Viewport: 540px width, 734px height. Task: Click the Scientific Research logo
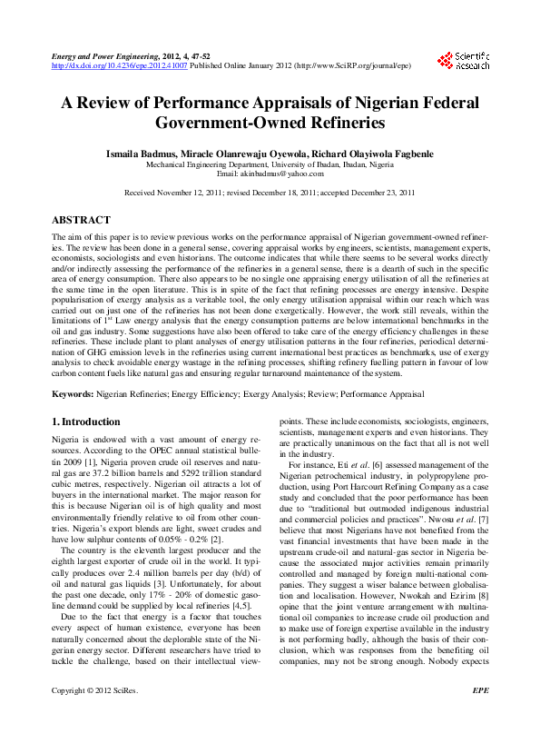pos(463,60)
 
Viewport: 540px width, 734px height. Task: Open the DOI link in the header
pos(120,66)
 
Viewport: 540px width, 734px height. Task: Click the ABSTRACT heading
pos(81,221)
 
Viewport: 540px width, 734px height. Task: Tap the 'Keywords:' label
pos(73,395)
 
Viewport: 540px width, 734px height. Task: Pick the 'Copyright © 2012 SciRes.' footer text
pos(94,716)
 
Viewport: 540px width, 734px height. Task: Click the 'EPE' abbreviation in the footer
pos(480,716)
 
